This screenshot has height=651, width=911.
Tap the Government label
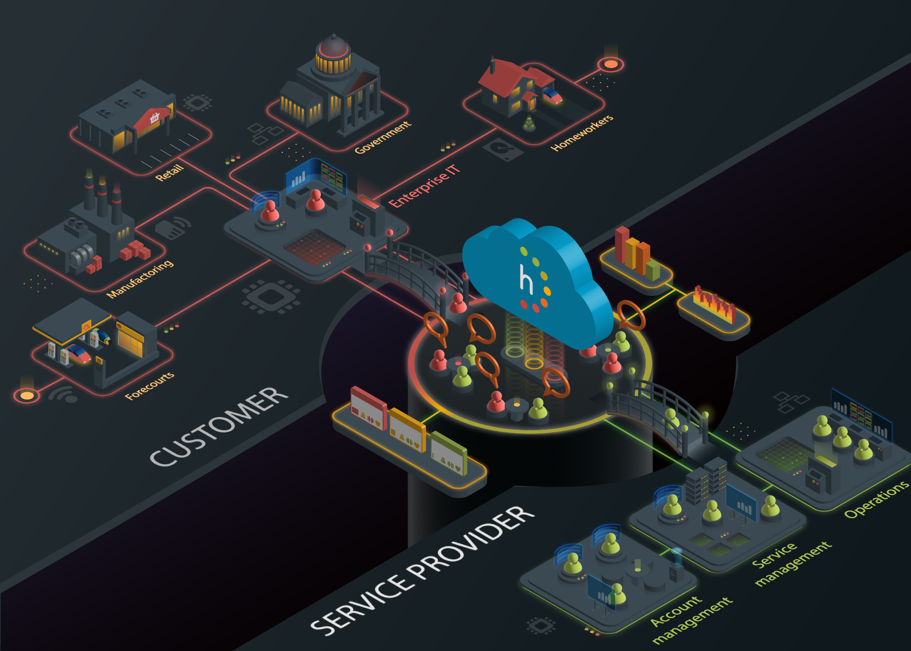(x=383, y=137)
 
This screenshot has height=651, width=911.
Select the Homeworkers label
(x=582, y=133)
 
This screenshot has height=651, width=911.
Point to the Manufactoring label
(x=140, y=279)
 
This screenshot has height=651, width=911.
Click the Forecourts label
(x=150, y=386)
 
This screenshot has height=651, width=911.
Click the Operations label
(x=876, y=498)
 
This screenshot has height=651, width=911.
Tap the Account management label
(x=690, y=619)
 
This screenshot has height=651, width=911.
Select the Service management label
(x=790, y=563)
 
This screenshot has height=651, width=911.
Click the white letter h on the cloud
(x=526, y=279)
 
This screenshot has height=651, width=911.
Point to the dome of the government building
(x=333, y=46)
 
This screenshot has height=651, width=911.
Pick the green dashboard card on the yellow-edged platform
(x=448, y=454)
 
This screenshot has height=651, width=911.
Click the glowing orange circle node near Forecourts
(x=27, y=395)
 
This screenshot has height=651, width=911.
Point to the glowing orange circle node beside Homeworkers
(x=611, y=64)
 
